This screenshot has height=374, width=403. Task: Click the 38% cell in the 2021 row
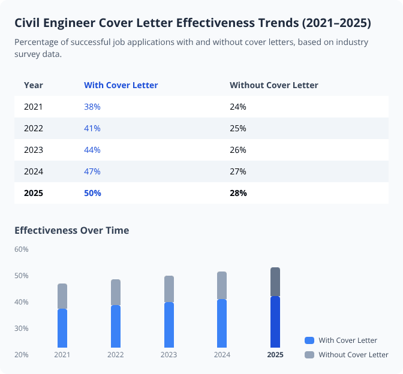click(x=92, y=107)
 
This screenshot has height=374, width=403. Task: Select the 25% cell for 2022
click(x=238, y=128)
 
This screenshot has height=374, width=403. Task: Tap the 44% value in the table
click(x=92, y=150)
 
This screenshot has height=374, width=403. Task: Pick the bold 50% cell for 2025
click(x=92, y=193)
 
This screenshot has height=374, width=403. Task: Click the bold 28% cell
click(x=238, y=193)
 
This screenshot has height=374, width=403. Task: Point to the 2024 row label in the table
click(x=33, y=171)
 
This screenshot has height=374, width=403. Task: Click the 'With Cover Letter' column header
click(x=121, y=85)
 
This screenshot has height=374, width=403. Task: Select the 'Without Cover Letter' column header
click(x=273, y=85)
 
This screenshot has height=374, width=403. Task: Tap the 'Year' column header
click(x=33, y=85)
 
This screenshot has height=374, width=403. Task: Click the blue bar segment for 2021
click(x=62, y=328)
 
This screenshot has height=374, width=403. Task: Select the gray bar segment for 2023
click(x=169, y=289)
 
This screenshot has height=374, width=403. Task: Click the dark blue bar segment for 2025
click(x=275, y=322)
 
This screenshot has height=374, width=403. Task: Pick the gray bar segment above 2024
click(x=222, y=285)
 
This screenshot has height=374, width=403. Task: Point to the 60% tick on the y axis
click(x=22, y=249)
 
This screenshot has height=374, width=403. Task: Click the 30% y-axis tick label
click(x=22, y=328)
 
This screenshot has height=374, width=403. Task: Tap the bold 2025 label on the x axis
click(x=275, y=355)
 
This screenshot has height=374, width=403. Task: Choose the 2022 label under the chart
click(x=116, y=355)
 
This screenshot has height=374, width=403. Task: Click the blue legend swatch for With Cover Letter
click(x=309, y=340)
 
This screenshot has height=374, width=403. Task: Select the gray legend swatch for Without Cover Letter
click(x=309, y=355)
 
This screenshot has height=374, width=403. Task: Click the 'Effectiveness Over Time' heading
click(x=71, y=230)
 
